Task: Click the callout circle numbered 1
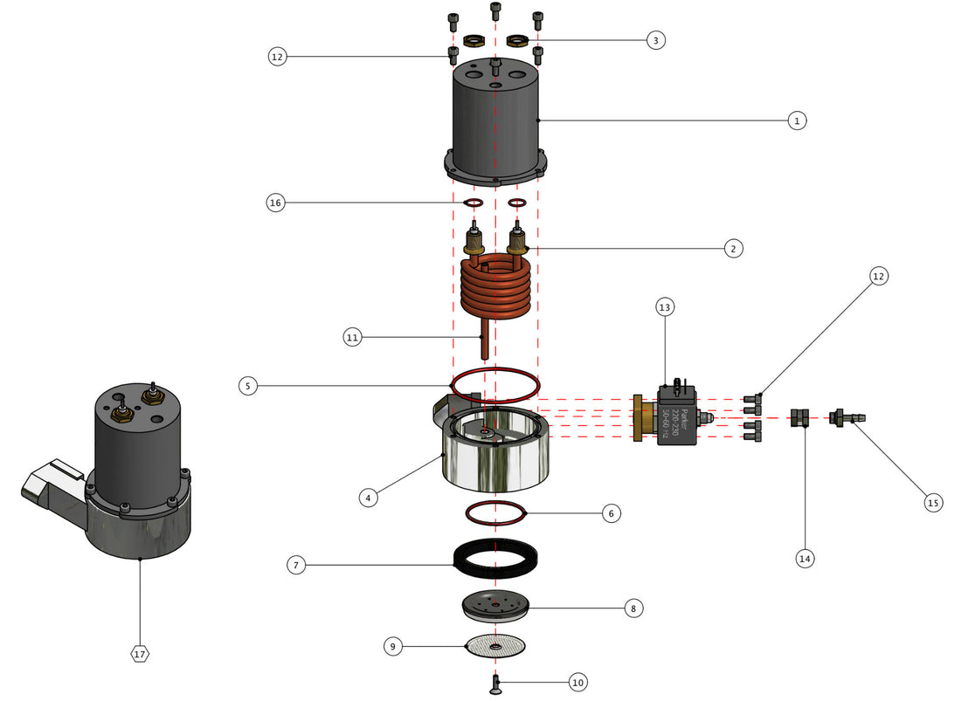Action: click(796, 120)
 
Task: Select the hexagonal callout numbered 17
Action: click(140, 653)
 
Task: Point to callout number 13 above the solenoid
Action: click(666, 307)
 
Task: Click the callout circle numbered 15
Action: click(932, 502)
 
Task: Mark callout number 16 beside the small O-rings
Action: click(276, 203)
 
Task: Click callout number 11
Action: click(352, 337)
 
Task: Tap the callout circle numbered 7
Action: click(297, 565)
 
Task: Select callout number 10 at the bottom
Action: click(577, 683)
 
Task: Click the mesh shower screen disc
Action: click(495, 646)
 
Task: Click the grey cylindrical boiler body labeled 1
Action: click(495, 122)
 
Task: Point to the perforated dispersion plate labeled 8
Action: click(495, 605)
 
